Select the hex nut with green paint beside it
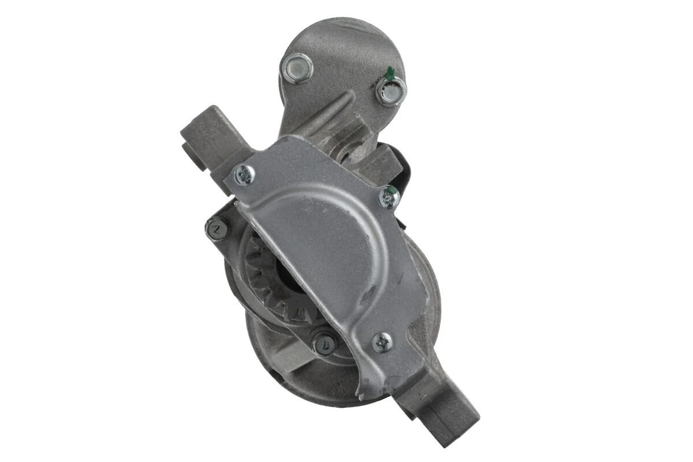coord(391,91)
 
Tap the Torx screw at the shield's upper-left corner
coord(244,174)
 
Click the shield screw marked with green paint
coord(389,198)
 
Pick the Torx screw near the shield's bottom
coord(382,342)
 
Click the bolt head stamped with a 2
coord(217,229)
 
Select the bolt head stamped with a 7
coord(325,344)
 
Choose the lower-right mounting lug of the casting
coord(450,413)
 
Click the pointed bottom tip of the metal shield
coord(361,396)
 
